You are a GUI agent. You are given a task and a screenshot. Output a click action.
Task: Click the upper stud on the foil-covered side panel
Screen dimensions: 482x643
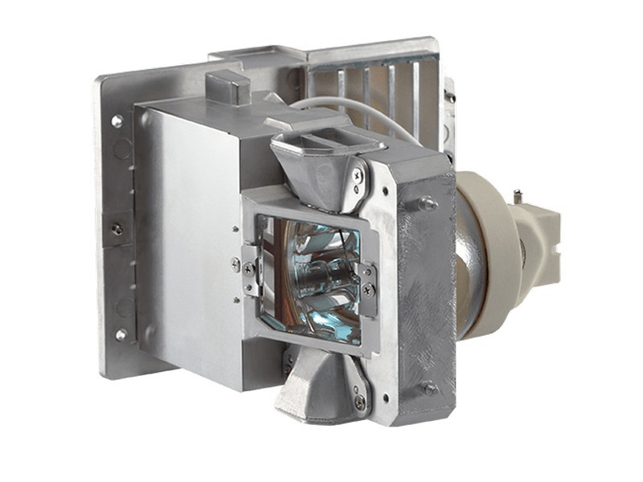click(429, 204)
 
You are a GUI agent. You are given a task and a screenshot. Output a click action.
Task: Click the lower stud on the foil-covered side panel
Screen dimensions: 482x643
click(428, 388)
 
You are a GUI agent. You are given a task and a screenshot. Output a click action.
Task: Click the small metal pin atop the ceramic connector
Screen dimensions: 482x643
click(519, 195)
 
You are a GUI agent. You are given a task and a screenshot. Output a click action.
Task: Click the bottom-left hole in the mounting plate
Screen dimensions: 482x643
click(121, 334)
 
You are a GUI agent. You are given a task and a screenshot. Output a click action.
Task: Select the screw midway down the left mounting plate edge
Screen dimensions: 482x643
click(117, 230)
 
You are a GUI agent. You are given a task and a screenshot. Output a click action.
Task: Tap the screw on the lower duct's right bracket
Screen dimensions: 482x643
click(359, 399)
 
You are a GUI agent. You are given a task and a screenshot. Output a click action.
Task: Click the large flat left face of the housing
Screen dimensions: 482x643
click(189, 241)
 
